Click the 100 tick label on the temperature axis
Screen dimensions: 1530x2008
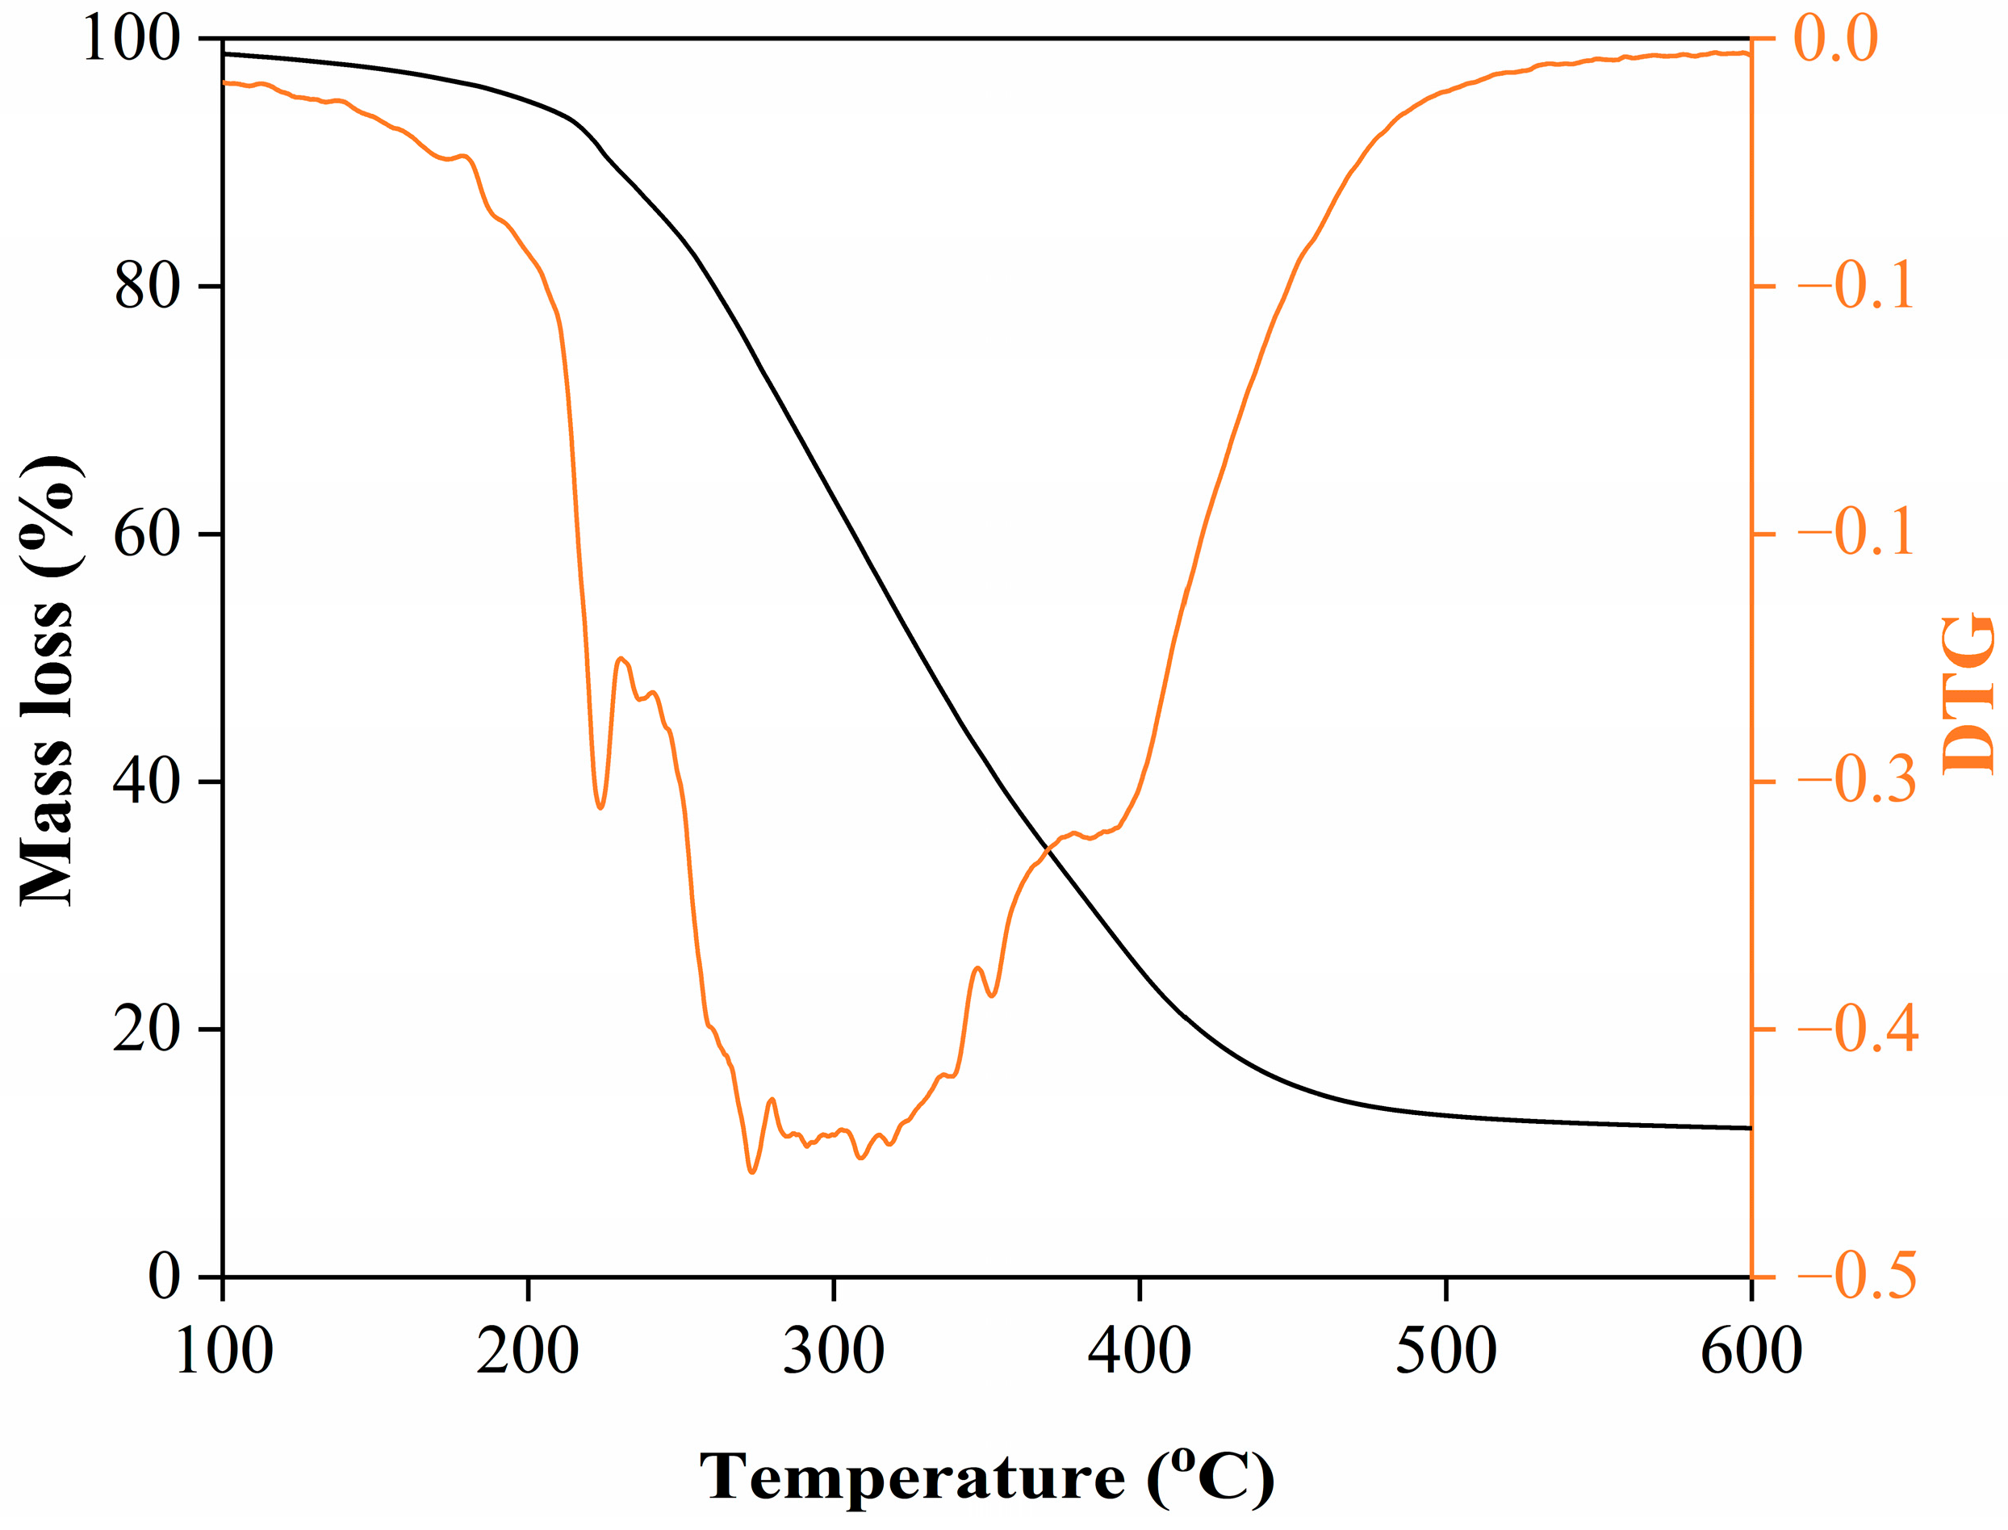223,1351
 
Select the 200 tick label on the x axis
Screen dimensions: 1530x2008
527,1351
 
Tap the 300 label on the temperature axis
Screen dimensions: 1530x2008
833,1351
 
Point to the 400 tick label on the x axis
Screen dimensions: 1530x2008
1139,1351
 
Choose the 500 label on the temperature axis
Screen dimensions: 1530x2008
1445,1351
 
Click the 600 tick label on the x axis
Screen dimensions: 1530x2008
1751,1351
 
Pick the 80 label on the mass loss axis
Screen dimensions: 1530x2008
145,286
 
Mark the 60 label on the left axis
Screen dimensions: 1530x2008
145,534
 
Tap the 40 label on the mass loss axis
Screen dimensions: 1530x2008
145,782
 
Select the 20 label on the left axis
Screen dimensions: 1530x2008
145,1029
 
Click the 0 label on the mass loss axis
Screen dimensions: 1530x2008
164,1276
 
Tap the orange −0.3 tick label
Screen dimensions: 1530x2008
1857,781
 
